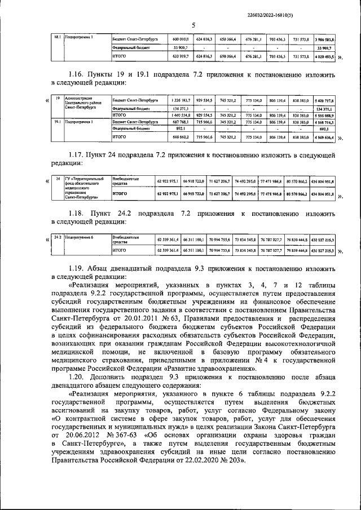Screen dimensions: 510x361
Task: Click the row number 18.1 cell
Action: coord(56,37)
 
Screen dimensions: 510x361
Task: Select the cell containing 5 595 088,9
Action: coord(325,114)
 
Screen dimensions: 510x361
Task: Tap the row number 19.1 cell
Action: coord(57,121)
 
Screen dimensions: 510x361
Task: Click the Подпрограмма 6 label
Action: coord(79,238)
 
